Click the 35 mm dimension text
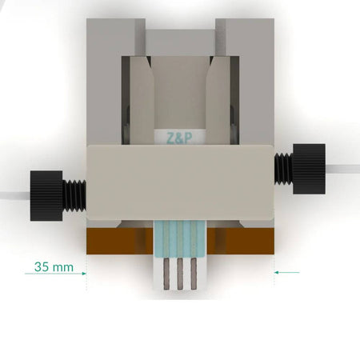[54, 265]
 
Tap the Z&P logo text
[178, 137]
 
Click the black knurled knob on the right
[309, 169]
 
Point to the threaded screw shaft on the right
[283, 167]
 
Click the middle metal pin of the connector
[180, 274]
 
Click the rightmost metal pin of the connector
[193, 274]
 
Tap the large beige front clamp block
[180, 182]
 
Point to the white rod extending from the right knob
[342, 169]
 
